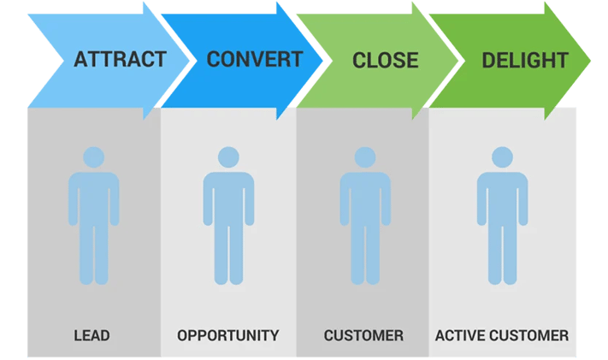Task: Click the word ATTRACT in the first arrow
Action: (x=120, y=60)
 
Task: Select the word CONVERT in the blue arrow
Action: (x=254, y=60)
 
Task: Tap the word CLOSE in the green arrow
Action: (x=386, y=61)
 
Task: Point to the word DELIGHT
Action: (x=525, y=61)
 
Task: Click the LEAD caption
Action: (x=92, y=335)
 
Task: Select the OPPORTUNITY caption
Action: (x=227, y=335)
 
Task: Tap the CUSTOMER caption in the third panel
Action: (x=363, y=335)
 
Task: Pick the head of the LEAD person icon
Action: (x=91, y=157)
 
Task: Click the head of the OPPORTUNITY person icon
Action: (x=227, y=157)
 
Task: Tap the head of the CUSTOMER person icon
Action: (x=364, y=157)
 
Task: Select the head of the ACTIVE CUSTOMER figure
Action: (x=501, y=157)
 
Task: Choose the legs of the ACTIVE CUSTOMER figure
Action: (x=501, y=257)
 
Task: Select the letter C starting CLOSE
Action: (x=359, y=61)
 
